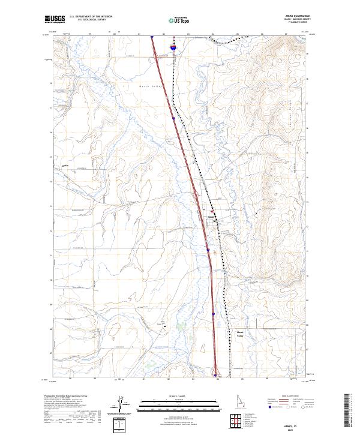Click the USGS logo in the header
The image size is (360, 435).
[x=55, y=20]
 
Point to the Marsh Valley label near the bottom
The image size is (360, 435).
[x=241, y=334]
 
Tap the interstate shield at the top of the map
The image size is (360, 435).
[x=173, y=46]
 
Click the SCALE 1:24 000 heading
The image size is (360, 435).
[x=168, y=395]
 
